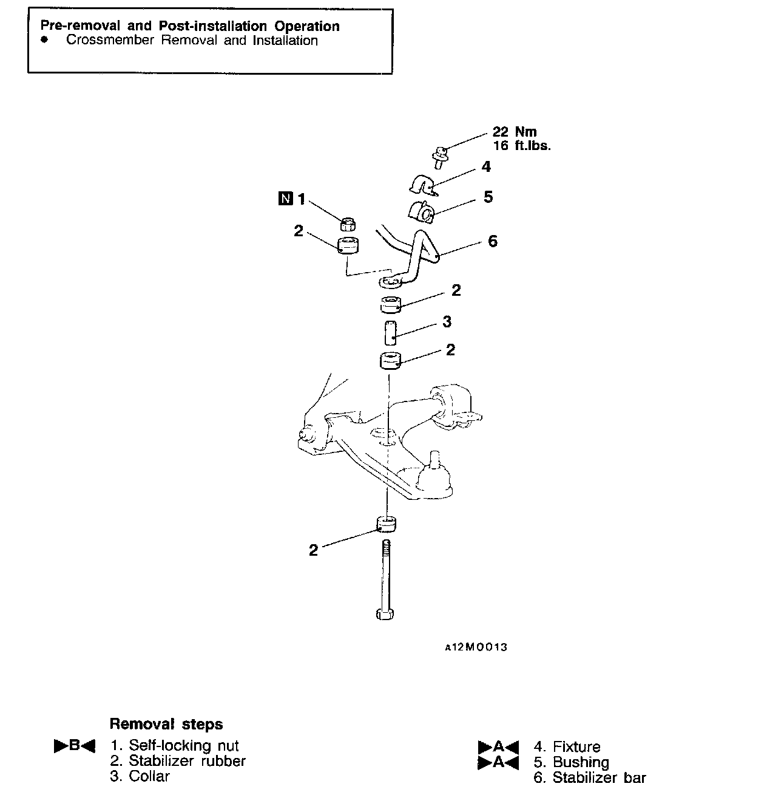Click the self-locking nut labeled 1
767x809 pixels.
coord(348,225)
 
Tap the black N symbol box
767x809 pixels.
coord(284,199)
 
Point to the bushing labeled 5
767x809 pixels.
coord(421,212)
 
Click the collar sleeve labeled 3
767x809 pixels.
coord(390,332)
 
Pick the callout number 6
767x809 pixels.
coord(492,241)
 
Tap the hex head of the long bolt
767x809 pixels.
coord(385,614)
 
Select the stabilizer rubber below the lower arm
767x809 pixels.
coord(386,524)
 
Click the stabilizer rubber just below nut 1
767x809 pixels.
coord(348,247)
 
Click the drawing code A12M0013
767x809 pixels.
coord(476,647)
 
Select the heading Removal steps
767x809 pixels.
coord(166,724)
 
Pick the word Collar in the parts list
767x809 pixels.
coord(149,776)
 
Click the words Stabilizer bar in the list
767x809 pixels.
coord(600,778)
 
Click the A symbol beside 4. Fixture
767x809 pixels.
coord(498,747)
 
